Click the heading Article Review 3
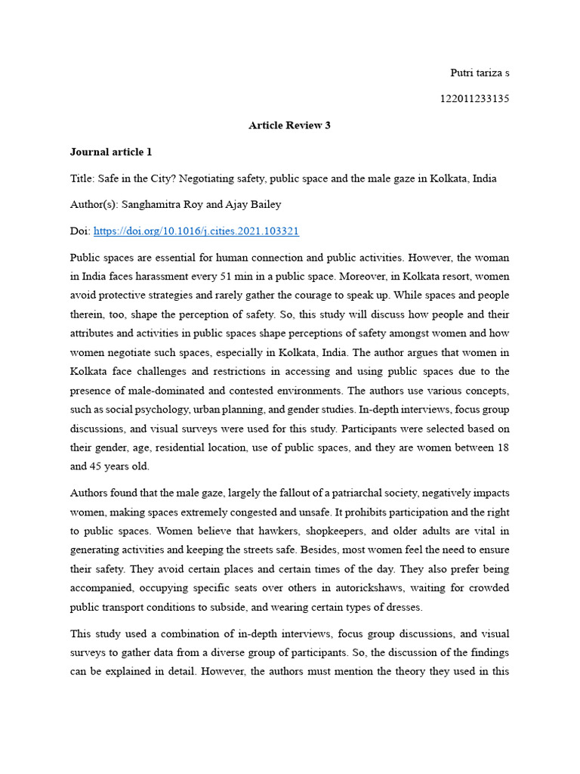coord(289,125)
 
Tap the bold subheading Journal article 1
coord(111,152)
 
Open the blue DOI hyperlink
coord(196,231)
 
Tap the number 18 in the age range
coord(502,447)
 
